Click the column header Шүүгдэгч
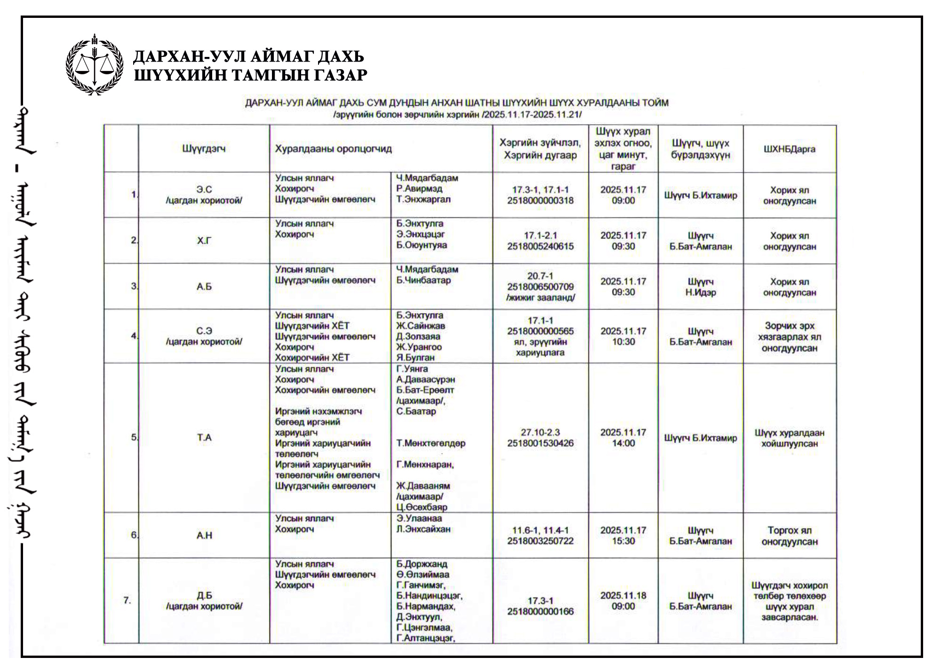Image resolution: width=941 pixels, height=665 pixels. click(204, 149)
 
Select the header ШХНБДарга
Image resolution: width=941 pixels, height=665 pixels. click(789, 149)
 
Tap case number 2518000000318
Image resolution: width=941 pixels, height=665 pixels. click(540, 200)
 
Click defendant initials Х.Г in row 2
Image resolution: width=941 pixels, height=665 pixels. click(204, 241)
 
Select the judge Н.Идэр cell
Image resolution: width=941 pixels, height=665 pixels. click(700, 287)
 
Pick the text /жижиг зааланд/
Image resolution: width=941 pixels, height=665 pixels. click(540, 297)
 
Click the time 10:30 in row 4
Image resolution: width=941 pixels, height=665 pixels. click(623, 342)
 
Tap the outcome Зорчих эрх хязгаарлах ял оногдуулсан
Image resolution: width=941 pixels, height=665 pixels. click(789, 337)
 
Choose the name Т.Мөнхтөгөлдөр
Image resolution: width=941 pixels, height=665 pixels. click(431, 443)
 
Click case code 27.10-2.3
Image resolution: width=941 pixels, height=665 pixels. click(540, 432)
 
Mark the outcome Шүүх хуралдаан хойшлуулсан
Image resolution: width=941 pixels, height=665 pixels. click(789, 438)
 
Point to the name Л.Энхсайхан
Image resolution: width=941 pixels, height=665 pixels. click(423, 529)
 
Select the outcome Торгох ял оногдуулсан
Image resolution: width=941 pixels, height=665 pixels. click(789, 536)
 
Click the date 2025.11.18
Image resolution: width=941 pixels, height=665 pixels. click(623, 595)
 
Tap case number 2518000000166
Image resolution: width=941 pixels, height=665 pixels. click(540, 611)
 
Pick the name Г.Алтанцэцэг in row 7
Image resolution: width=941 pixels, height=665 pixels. click(425, 638)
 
